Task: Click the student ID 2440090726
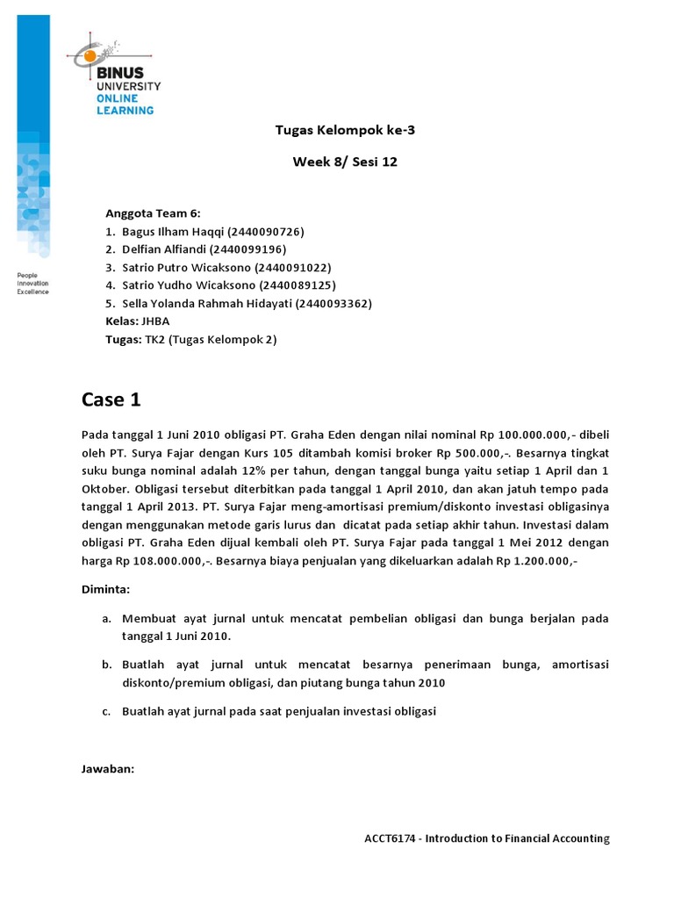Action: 266,232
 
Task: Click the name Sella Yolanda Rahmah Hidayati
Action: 207,304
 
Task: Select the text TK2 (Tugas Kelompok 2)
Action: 211,340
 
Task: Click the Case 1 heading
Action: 111,400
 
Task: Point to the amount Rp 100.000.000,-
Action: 531,434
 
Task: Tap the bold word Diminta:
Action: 105,590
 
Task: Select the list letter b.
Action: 105,665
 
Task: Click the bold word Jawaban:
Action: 108,769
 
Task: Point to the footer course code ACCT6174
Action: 393,838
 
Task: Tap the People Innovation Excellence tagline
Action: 33,284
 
